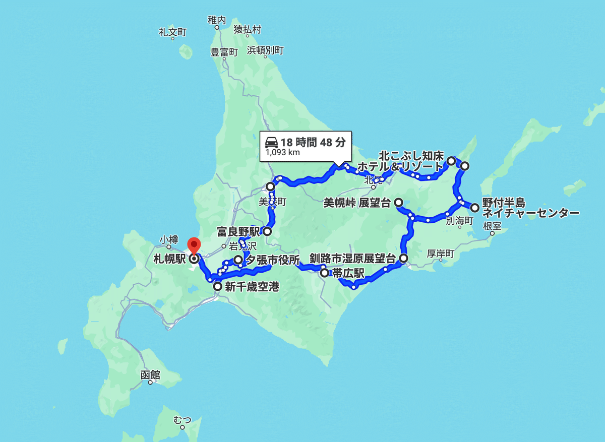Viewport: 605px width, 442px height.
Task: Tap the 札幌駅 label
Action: pos(170,259)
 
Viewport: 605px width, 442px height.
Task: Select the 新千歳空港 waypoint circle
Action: pos(217,287)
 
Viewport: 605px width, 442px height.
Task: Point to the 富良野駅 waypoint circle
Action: pos(267,232)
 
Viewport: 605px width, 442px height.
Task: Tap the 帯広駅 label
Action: pos(348,273)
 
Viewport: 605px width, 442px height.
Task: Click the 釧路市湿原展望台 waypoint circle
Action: pos(403,259)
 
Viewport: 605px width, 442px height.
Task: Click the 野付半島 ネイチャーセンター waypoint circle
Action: pos(474,207)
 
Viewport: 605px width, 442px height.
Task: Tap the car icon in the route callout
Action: pos(271,142)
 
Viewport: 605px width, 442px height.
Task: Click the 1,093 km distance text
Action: pos(282,153)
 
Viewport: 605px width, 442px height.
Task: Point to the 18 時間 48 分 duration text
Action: pos(313,142)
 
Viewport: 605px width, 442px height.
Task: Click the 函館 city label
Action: pos(150,375)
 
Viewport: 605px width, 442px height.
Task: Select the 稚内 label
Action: pos(217,20)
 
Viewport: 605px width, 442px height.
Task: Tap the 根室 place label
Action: pos(492,226)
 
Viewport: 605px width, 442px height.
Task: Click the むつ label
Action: pos(182,419)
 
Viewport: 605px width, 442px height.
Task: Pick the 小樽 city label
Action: pos(168,239)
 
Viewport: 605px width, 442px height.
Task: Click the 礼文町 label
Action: pos(173,32)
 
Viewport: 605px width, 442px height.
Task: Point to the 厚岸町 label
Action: pos(441,254)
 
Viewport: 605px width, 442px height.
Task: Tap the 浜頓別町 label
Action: pos(265,50)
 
